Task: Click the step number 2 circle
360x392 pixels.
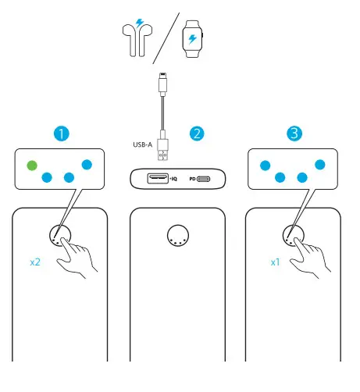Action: click(198, 134)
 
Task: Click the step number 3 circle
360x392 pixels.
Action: click(294, 134)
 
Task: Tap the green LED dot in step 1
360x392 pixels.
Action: click(32, 165)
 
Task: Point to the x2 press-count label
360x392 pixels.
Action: click(35, 262)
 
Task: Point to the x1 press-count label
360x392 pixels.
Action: click(275, 262)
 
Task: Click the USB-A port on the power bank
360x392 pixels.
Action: click(155, 179)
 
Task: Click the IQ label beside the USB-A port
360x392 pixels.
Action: click(175, 180)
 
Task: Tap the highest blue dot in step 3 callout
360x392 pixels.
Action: click(320, 165)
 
